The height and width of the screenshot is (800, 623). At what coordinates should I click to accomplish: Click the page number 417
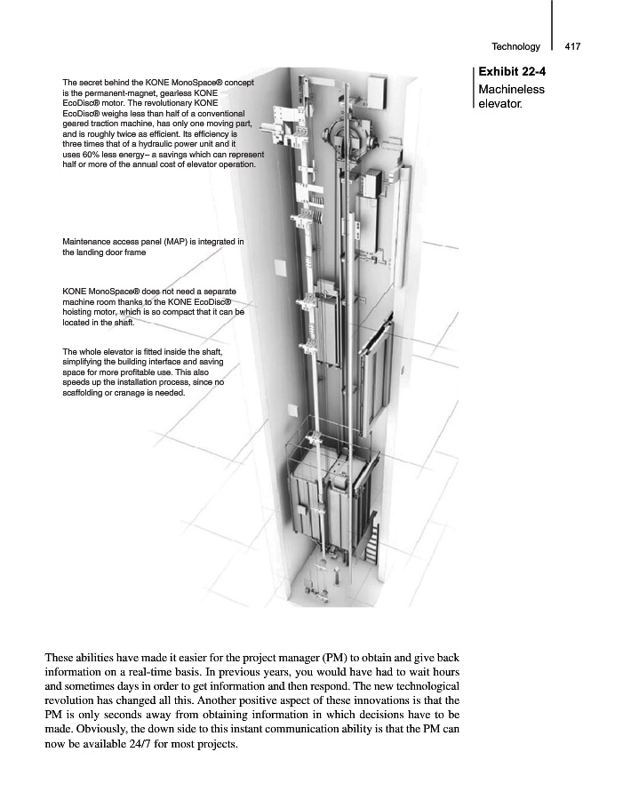click(572, 46)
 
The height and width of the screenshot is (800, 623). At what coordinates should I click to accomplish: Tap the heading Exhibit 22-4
click(512, 72)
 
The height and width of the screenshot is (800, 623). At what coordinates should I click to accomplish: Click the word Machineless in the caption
click(511, 89)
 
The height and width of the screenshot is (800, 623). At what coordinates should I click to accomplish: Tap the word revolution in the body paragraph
click(75, 700)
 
